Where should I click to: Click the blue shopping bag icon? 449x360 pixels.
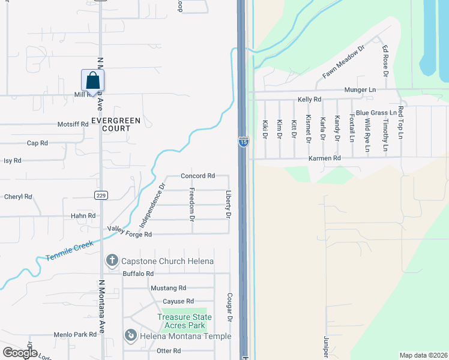[92, 80]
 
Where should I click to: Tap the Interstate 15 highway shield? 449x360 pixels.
[243, 142]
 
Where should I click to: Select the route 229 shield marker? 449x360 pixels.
[100, 194]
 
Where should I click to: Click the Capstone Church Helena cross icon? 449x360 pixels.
[112, 261]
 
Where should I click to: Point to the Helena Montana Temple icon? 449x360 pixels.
[131, 336]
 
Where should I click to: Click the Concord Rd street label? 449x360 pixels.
[197, 176]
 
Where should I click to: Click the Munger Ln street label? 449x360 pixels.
[360, 89]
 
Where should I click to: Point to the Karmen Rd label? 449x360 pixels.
[325, 158]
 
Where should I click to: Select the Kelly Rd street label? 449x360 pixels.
[310, 99]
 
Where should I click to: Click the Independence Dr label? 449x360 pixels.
[152, 205]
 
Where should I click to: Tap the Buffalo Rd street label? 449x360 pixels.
[138, 274]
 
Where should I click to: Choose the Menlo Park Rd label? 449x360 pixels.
[75, 334]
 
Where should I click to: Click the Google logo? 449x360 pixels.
[20, 353]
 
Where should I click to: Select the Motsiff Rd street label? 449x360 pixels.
[73, 124]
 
